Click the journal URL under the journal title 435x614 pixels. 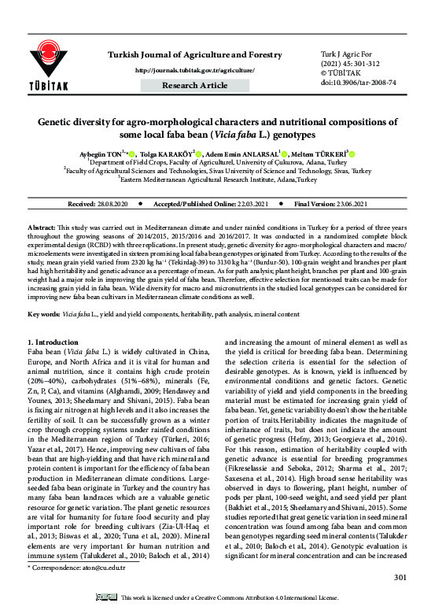[x=194, y=70]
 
